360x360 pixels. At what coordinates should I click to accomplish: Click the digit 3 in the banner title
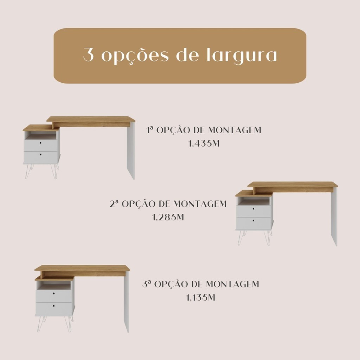point(89,54)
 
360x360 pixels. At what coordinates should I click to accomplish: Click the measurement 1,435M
point(204,143)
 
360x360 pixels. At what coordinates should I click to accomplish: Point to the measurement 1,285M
point(168,217)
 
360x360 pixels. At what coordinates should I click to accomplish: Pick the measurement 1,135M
point(200,297)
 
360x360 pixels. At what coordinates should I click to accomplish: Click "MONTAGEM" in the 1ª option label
point(234,130)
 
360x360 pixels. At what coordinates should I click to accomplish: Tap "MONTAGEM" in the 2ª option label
point(200,204)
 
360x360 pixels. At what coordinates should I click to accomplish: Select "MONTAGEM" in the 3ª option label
point(232,284)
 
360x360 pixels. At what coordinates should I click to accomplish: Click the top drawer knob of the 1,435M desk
point(41,143)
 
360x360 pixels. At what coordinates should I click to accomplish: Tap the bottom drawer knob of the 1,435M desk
point(41,154)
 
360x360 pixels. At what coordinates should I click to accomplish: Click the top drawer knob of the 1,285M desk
point(253,209)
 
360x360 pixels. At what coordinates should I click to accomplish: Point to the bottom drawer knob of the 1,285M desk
point(253,220)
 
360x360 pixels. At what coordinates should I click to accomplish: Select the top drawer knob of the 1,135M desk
point(54,294)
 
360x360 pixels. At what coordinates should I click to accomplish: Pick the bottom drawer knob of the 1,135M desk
point(54,306)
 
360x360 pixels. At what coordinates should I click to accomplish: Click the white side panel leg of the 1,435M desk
point(131,150)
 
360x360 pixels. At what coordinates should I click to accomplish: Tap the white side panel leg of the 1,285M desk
point(334,217)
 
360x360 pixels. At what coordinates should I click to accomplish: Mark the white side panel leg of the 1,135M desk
point(126,302)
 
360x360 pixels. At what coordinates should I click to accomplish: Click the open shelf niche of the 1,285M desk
point(253,201)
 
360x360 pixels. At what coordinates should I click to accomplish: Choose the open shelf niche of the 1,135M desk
point(54,285)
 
